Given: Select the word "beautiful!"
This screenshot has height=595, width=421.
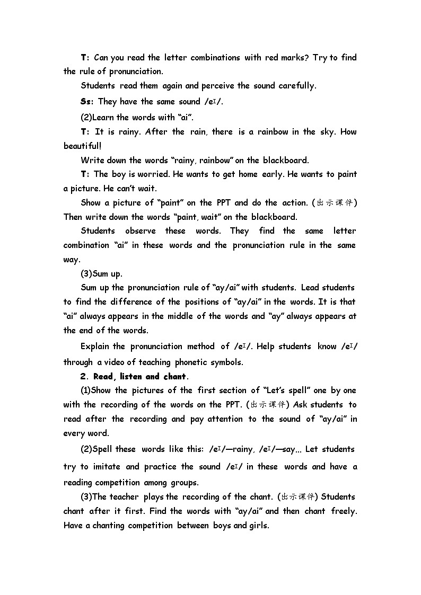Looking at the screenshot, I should click(82, 146).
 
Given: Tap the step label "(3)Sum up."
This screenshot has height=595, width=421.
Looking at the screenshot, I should click(101, 274).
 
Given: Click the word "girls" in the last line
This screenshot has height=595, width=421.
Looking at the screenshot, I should click(258, 526).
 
